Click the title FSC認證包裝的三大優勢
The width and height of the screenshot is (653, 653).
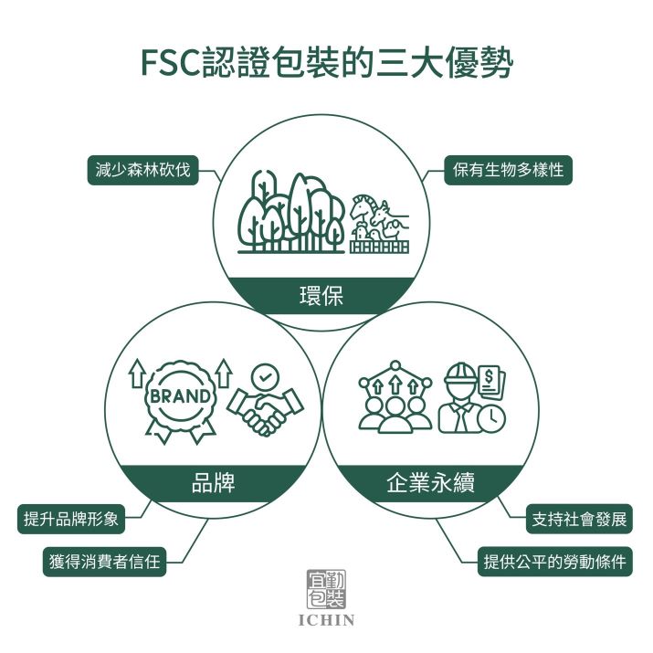(327, 64)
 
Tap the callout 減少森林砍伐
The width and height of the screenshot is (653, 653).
(142, 170)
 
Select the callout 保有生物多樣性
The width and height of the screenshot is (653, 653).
(508, 170)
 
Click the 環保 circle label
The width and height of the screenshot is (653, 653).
(321, 296)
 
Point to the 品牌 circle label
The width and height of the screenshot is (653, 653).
(213, 483)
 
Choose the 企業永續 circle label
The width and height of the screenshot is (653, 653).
(430, 483)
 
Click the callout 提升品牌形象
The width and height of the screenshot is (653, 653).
(71, 519)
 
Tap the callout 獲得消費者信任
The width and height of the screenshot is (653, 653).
(104, 562)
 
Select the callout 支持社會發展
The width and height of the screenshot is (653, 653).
(579, 519)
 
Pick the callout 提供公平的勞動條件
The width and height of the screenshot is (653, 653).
(554, 562)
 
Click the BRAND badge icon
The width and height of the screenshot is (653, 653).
(180, 401)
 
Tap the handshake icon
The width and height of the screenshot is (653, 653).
(265, 410)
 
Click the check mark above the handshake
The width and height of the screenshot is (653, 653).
(266, 377)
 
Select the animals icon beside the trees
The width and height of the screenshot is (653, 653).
(379, 224)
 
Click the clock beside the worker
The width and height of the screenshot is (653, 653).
(491, 417)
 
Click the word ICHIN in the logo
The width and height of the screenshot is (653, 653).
(327, 620)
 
